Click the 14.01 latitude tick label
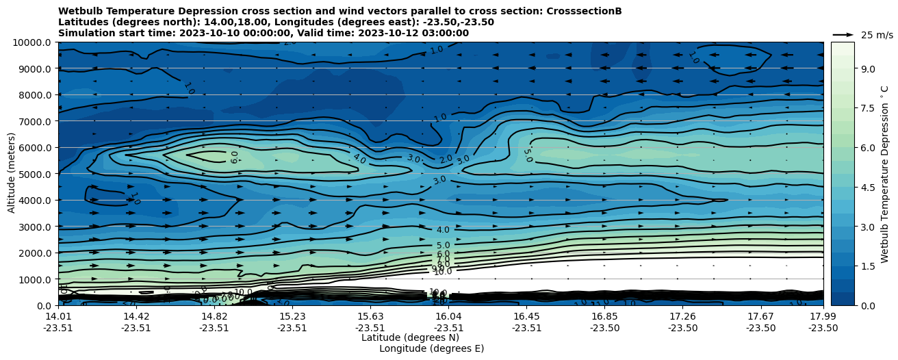(58, 316)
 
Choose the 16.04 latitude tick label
(449, 316)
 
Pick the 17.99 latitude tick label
(823, 316)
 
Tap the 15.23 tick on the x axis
(292, 316)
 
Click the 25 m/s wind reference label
(877, 35)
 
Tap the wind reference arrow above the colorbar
(843, 34)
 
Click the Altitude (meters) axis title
(12, 174)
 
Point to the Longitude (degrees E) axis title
(431, 348)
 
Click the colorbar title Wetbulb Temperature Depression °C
(885, 174)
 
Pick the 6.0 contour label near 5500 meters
(234, 157)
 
